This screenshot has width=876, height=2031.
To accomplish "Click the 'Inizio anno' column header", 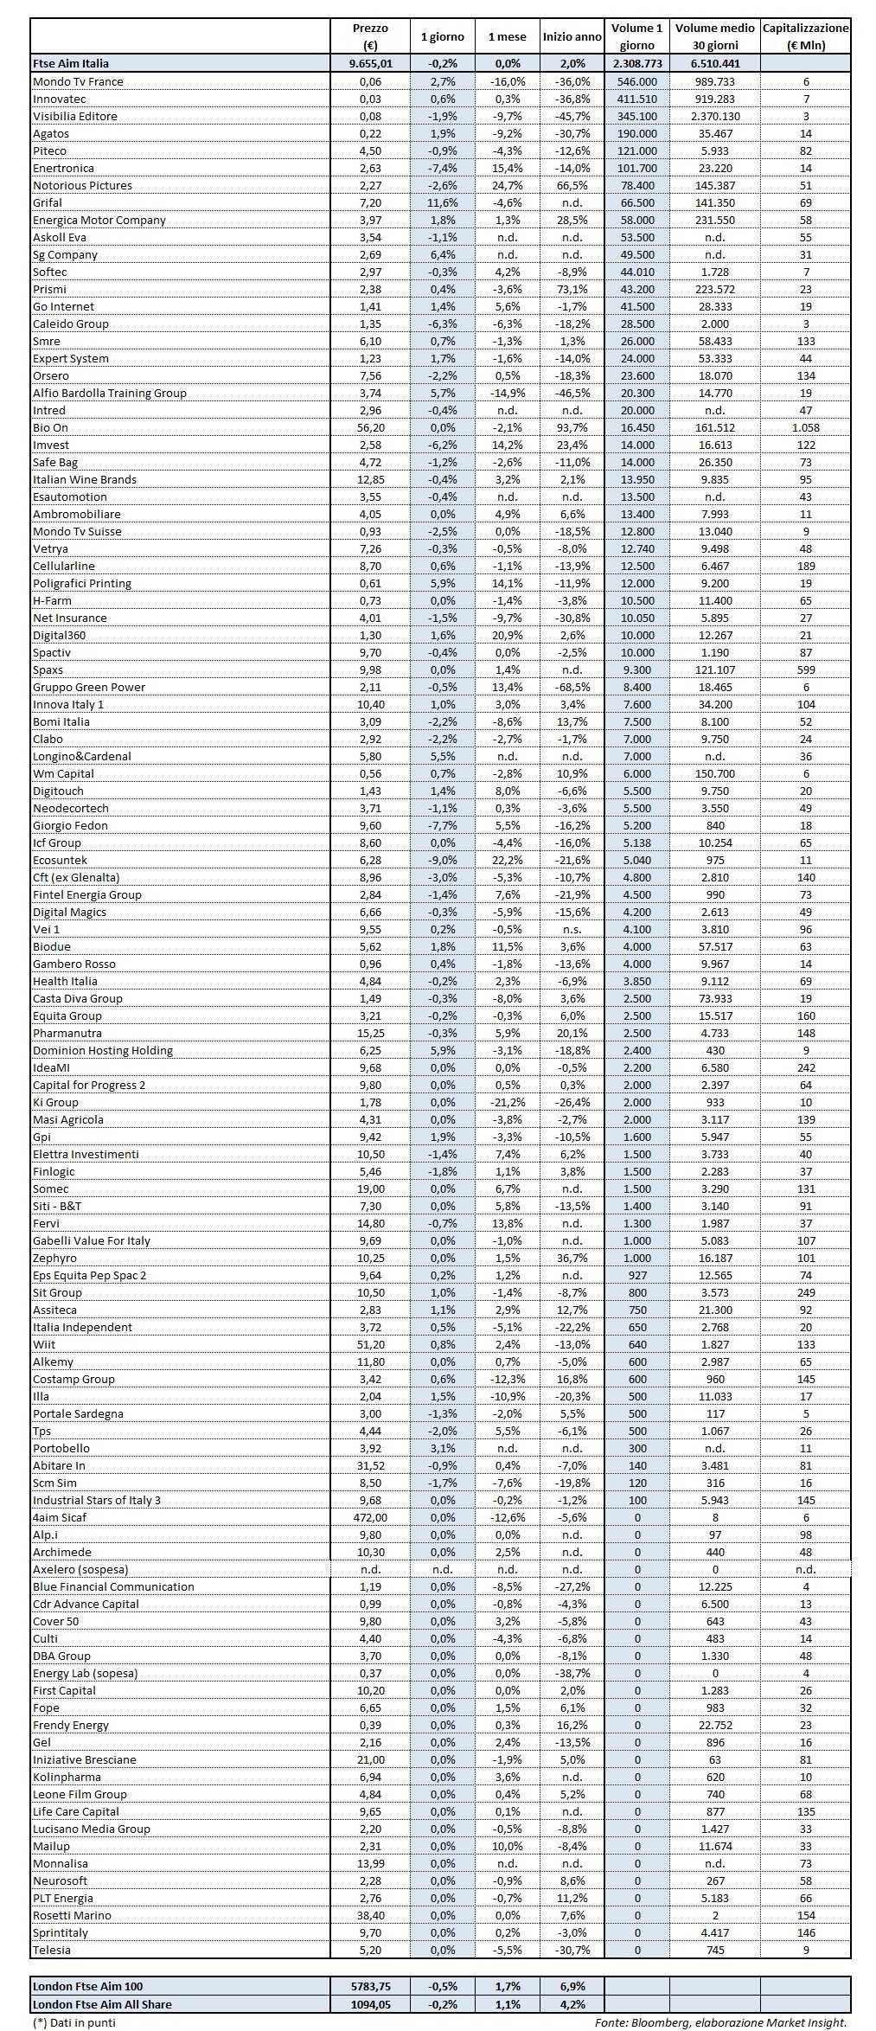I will pyautogui.click(x=572, y=37).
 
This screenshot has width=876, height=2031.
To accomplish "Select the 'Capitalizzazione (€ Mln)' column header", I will pyautogui.click(x=805, y=37).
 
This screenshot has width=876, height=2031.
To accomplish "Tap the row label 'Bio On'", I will pyautogui.click(x=50, y=427).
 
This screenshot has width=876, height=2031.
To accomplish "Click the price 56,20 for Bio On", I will pyautogui.click(x=370, y=427).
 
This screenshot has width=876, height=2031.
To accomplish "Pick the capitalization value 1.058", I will pyautogui.click(x=805, y=427).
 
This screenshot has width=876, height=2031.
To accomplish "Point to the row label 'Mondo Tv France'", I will pyautogui.click(x=78, y=81).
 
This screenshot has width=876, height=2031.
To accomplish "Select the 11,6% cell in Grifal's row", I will pyautogui.click(x=442, y=202).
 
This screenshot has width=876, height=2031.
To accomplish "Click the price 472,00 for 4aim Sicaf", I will pyautogui.click(x=370, y=1517).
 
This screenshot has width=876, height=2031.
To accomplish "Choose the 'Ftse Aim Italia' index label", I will pyautogui.click(x=71, y=63).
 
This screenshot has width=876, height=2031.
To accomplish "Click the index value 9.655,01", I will pyautogui.click(x=370, y=63).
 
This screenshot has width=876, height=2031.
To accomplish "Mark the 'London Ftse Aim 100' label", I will pyautogui.click(x=87, y=1987).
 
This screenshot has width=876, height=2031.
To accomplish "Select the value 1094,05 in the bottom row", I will pyautogui.click(x=370, y=2004).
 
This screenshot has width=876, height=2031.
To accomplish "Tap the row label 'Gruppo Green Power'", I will pyautogui.click(x=89, y=687).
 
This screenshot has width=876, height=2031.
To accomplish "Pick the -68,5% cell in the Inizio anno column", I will pyautogui.click(x=572, y=687).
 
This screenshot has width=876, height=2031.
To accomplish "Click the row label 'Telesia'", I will pyautogui.click(x=52, y=1950).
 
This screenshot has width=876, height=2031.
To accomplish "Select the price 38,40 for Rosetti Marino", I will pyautogui.click(x=370, y=1915).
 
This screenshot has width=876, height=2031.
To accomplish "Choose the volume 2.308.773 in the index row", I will pyautogui.click(x=636, y=63).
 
